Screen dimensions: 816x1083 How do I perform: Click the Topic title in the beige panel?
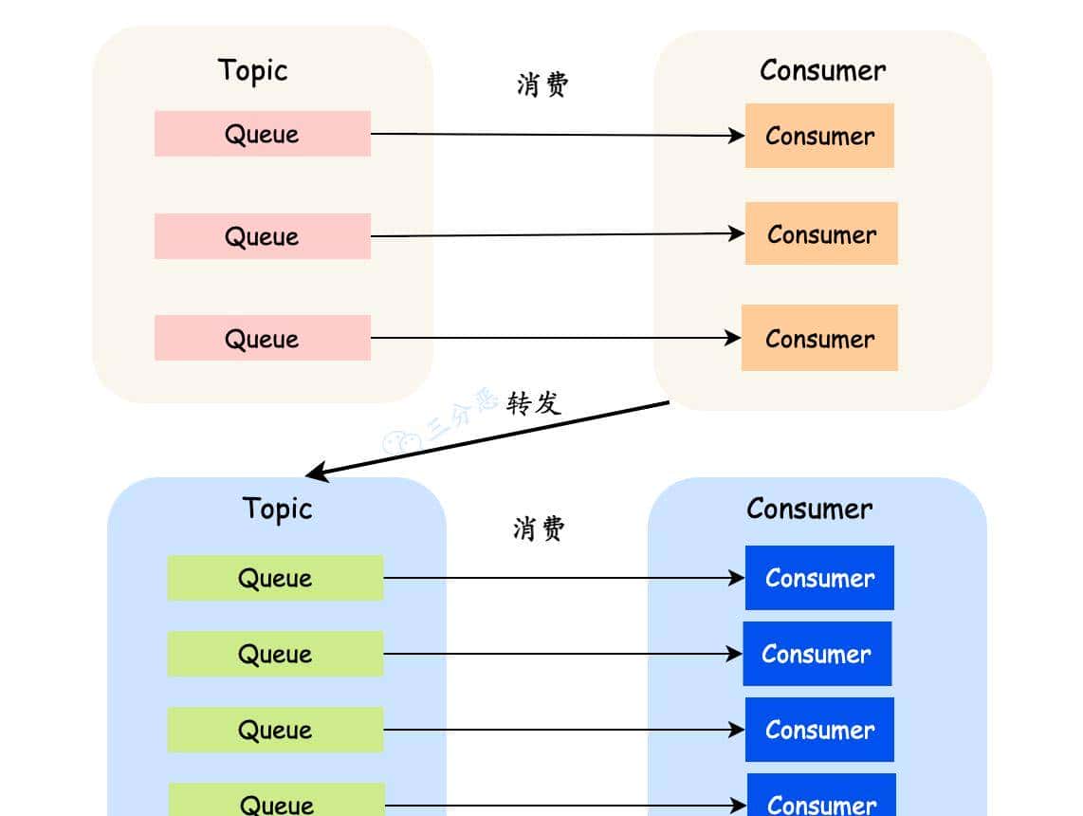point(252,70)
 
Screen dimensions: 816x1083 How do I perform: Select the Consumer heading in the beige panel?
point(822,70)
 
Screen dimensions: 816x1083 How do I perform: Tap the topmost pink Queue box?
point(263,134)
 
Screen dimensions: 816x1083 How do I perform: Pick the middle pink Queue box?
point(263,236)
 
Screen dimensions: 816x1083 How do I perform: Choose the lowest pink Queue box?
point(263,339)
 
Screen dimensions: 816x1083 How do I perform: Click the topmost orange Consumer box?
point(819,136)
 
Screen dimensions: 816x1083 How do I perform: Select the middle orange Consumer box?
point(821,233)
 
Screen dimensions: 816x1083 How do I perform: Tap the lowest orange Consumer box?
point(819,339)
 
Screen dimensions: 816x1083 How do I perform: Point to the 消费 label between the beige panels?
point(542,84)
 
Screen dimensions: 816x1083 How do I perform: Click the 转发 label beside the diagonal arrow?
point(534,403)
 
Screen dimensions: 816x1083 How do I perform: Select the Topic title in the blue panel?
point(277,509)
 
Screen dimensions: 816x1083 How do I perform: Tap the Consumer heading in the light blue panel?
point(809,509)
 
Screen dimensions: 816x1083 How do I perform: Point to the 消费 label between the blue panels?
point(539,529)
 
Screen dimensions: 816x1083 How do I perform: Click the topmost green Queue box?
point(275,578)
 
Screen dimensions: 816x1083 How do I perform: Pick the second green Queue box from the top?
point(275,654)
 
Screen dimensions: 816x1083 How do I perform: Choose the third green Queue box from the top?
point(275,730)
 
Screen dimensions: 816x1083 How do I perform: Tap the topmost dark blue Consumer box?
point(819,578)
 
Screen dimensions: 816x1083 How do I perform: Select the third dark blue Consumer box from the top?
point(819,730)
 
